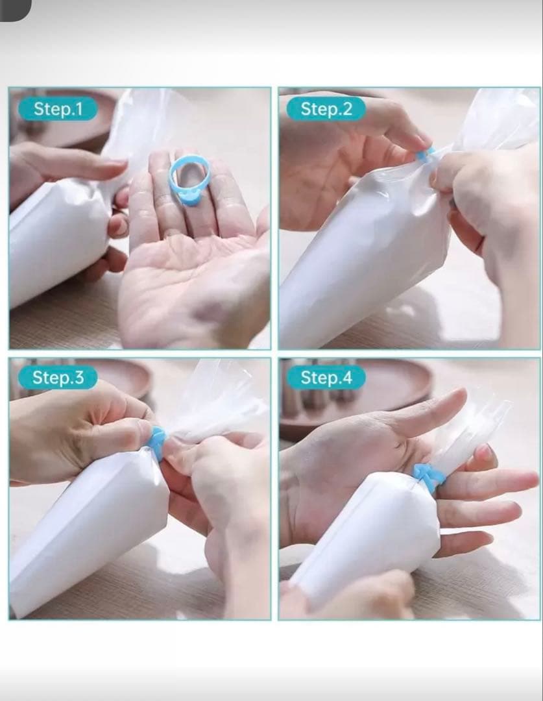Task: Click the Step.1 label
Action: pyautogui.click(x=58, y=109)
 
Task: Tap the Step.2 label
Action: pyautogui.click(x=326, y=109)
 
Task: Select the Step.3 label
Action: pyautogui.click(x=58, y=377)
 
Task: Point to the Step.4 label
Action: pyautogui.click(x=326, y=377)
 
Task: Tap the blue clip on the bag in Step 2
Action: pyautogui.click(x=424, y=154)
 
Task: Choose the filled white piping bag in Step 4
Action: pyautogui.click(x=371, y=537)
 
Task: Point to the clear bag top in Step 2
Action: pyautogui.click(x=496, y=121)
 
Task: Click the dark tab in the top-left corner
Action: pyautogui.click(x=15, y=9)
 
